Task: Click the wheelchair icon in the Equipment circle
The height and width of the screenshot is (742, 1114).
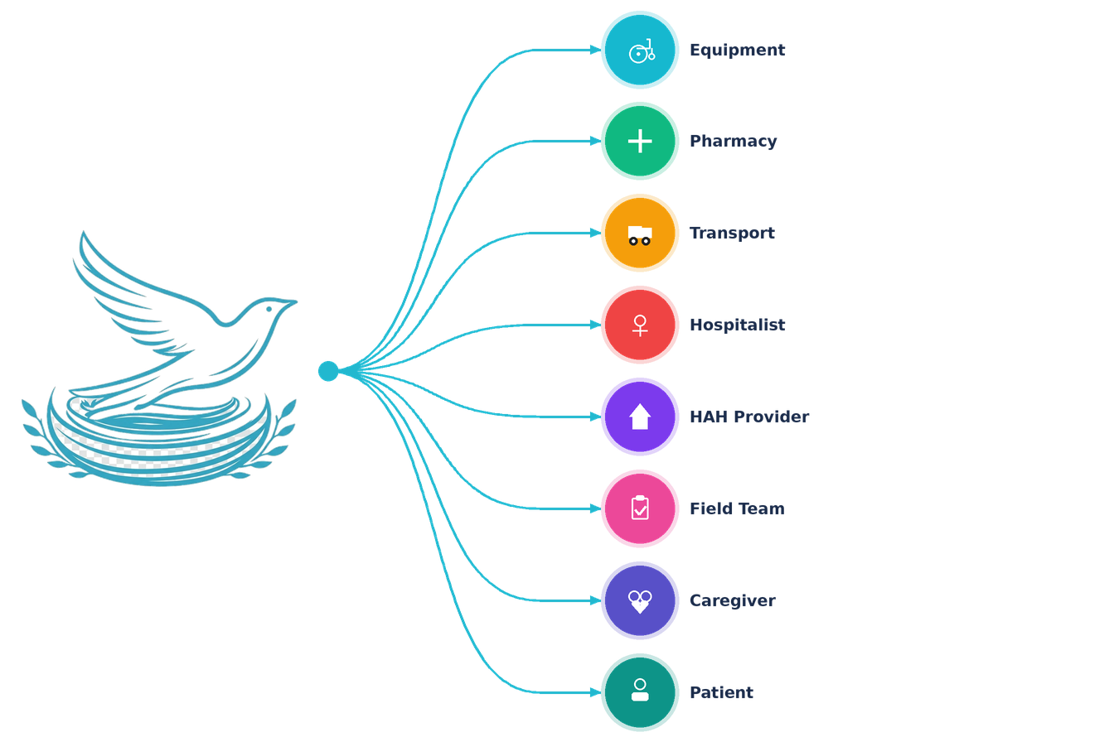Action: click(x=642, y=51)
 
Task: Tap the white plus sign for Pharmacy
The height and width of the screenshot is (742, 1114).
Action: click(x=640, y=141)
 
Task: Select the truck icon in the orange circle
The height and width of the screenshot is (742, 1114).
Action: click(x=640, y=235)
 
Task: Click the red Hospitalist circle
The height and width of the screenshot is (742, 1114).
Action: click(x=640, y=325)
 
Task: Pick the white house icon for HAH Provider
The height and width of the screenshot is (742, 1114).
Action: click(x=640, y=417)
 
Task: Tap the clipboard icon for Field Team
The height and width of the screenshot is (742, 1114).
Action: click(x=640, y=508)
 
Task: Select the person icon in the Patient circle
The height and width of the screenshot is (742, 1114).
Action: click(x=640, y=691)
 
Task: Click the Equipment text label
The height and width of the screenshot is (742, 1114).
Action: click(x=737, y=51)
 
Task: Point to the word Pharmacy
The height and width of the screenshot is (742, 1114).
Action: click(x=733, y=142)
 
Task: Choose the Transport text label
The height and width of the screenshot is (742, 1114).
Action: click(x=732, y=233)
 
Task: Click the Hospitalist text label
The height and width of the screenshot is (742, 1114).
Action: click(x=737, y=325)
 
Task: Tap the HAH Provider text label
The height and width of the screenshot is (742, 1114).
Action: click(x=749, y=417)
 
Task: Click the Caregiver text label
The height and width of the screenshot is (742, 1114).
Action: click(x=733, y=601)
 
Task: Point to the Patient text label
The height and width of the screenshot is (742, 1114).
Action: click(x=721, y=692)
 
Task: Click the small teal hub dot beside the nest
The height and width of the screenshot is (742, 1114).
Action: click(x=328, y=371)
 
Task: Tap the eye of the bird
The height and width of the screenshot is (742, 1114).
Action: click(x=269, y=309)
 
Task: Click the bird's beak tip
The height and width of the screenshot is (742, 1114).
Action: click(x=297, y=301)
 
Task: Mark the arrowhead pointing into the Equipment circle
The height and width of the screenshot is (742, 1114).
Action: click(x=595, y=50)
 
